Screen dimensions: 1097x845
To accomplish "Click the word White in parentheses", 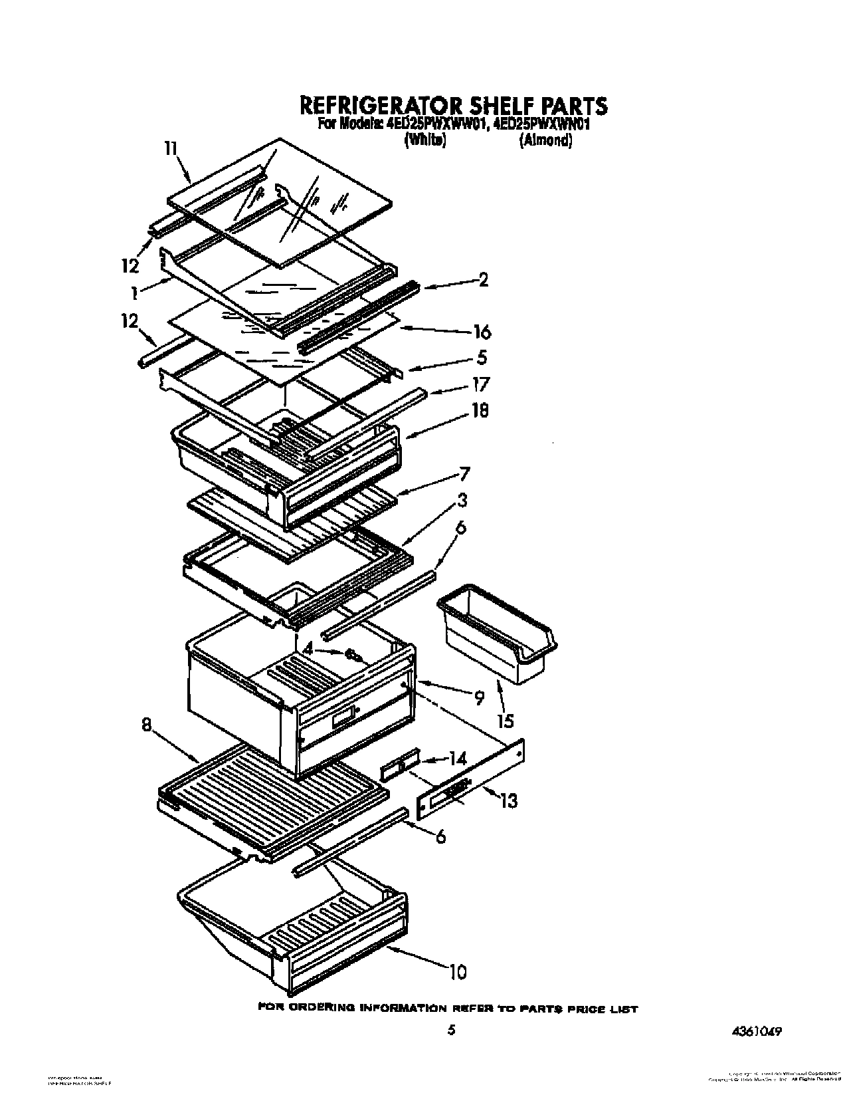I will (x=424, y=140).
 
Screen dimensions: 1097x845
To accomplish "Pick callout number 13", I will (x=508, y=802).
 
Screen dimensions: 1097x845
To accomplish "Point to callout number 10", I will (x=456, y=972).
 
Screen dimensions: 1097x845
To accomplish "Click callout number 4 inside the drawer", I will (x=308, y=648).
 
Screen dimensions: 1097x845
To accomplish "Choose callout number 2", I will (x=483, y=280).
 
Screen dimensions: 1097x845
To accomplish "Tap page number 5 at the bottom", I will (x=452, y=1031).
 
